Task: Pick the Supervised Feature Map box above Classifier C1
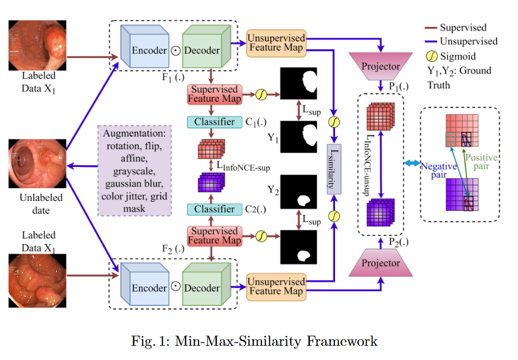214,94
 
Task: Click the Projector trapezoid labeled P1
380,66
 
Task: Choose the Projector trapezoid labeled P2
380,263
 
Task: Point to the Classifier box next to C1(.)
214,122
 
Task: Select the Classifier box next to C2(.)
214,209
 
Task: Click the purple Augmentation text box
134,169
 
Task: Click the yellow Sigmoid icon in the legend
432,57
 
